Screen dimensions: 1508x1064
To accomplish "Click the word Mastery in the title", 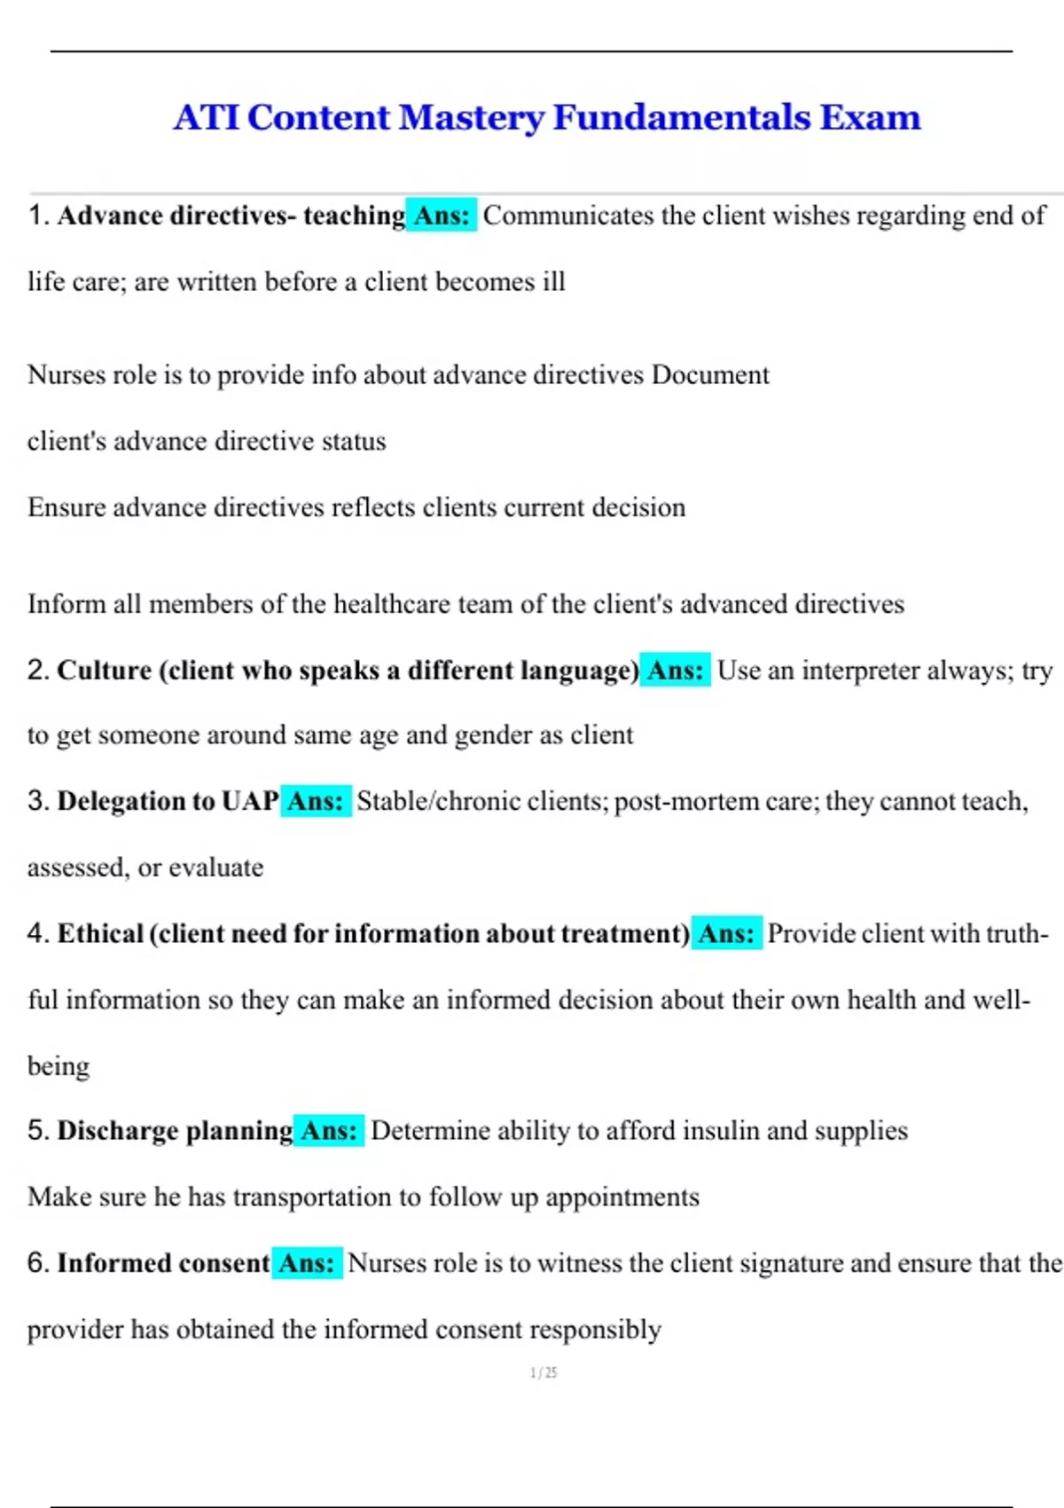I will coord(472,118).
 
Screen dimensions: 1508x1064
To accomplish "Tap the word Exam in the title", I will coord(870,118).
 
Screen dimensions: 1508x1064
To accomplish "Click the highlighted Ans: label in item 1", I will coord(442,216).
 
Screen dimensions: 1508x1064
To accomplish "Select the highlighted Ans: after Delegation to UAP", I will coord(316,801).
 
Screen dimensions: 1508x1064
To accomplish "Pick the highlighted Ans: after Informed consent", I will coord(307,1262).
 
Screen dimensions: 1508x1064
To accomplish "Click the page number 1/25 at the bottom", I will coord(544,1372).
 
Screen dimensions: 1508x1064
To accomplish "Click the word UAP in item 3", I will coord(251,801).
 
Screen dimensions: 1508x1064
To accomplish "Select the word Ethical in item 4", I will coord(100,933).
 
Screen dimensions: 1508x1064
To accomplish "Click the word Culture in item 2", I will coord(105,671).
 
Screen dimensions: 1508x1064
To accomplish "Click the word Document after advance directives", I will coord(710,374).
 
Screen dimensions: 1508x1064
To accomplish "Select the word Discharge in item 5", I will coord(118,1130).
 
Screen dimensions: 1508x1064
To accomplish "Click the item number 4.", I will coord(36,933).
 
